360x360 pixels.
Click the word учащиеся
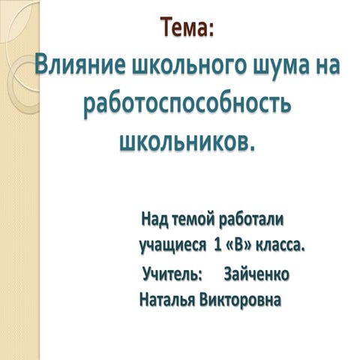point(172,245)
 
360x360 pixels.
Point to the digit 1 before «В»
point(217,245)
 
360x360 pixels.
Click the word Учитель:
point(172,274)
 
